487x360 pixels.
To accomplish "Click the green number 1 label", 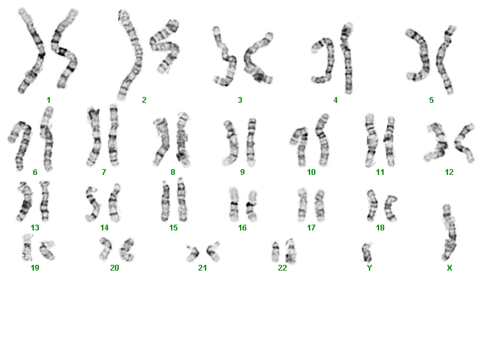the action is (x=49, y=100).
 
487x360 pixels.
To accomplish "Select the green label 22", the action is (x=282, y=267).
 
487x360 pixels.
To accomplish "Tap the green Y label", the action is (x=370, y=267).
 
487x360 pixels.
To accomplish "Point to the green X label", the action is (x=449, y=267).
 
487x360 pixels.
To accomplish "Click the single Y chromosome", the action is (x=367, y=253).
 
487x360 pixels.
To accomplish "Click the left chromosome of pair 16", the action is (x=234, y=204).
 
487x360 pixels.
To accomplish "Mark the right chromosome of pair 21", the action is (x=214, y=251).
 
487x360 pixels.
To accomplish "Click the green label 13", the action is (x=35, y=228).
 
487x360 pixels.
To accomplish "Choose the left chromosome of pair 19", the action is (x=27, y=247).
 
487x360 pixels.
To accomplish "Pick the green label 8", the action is (x=173, y=172).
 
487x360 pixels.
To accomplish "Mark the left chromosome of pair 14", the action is (x=93, y=204).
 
